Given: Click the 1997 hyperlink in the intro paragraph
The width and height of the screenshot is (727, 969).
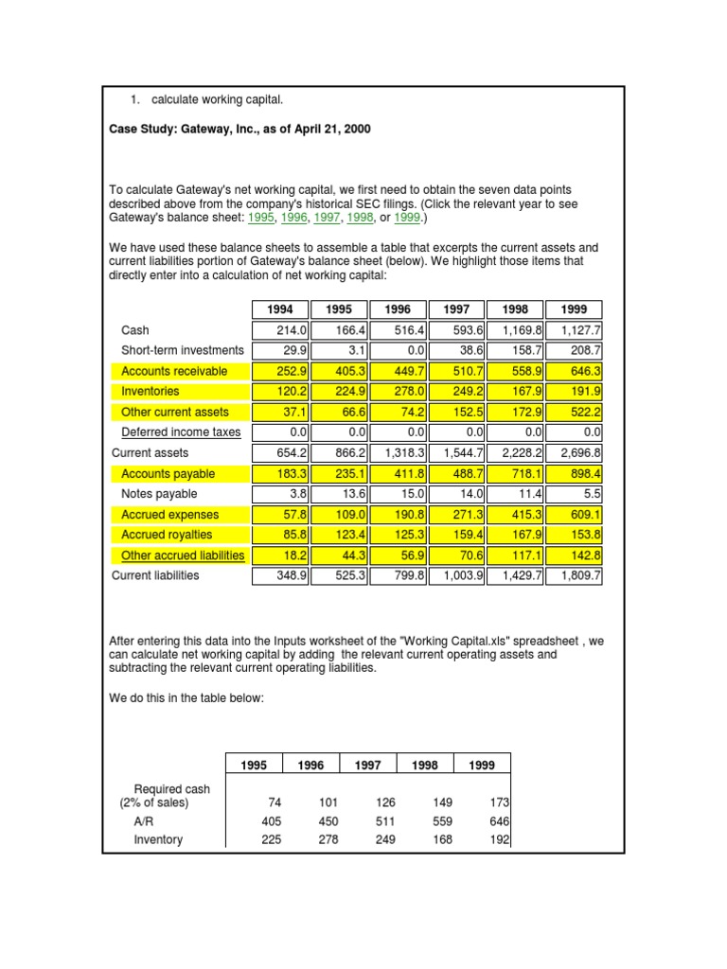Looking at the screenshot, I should point(328,218).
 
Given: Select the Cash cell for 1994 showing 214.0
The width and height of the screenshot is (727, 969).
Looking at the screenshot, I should point(281,330).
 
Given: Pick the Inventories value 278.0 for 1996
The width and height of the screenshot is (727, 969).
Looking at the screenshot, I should point(399,391).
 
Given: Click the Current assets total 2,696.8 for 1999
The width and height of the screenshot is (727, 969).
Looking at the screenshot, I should point(575,453).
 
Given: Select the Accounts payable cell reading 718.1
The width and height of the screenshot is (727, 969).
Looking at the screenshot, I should point(516,473).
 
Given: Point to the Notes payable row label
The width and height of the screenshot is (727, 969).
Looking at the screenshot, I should point(159,494).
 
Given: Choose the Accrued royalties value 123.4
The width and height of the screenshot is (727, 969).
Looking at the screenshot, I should point(340,535).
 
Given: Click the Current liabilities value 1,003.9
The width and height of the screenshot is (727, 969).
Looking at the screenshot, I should point(457,575).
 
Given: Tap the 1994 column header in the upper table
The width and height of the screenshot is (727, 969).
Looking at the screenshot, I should point(280,309).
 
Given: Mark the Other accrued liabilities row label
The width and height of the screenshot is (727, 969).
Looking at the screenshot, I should point(183,555).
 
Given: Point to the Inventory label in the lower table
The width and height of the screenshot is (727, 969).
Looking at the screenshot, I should point(158,839).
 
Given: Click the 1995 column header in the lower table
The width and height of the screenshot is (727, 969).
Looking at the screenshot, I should point(255,765).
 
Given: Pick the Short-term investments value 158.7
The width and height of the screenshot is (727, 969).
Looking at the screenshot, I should point(516,350).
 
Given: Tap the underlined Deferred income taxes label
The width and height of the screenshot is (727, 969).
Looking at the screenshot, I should point(181,432).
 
